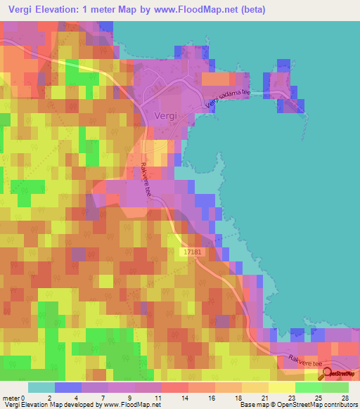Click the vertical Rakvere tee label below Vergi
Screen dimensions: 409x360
146,180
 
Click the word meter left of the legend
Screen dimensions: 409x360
10,397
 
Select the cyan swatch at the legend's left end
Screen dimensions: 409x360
41,387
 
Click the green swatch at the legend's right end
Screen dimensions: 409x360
335,387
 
